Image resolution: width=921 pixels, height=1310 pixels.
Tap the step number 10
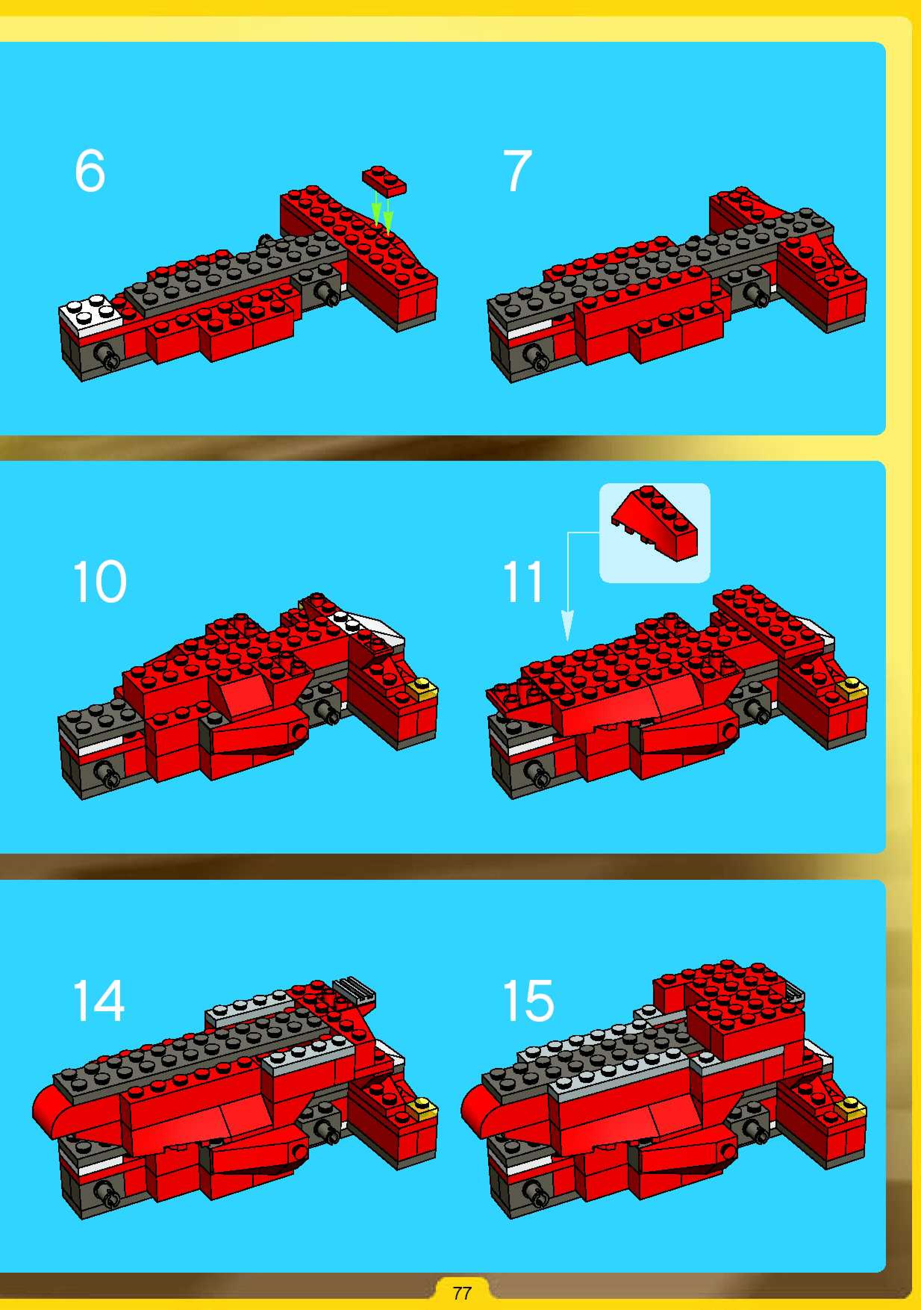(x=100, y=581)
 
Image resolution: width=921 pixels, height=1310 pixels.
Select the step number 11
(x=522, y=581)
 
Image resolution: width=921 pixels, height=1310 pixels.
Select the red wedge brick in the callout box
(x=655, y=522)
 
